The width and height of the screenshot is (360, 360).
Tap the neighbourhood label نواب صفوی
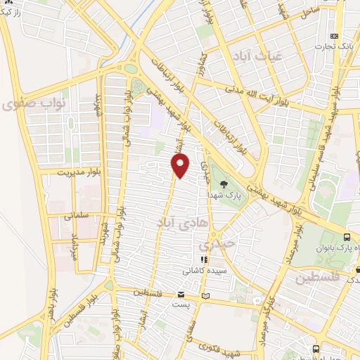coord(33,104)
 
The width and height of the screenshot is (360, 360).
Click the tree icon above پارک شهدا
coord(224,184)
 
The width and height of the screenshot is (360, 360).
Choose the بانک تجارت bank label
coord(340,46)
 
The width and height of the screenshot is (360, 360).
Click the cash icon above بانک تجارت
coord(335,36)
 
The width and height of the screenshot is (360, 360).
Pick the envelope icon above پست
coord(181,295)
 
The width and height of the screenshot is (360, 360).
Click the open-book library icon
coord(205,296)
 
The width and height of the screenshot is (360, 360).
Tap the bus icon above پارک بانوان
coord(347,237)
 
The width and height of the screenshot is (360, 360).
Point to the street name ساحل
coord(310,12)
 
